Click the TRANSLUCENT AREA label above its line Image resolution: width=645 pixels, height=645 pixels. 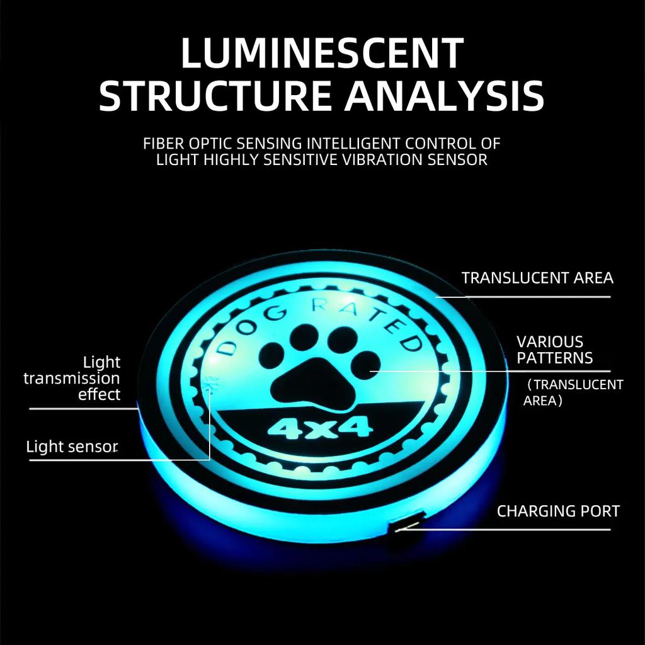(537, 278)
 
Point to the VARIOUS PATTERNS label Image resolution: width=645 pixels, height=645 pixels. (554, 350)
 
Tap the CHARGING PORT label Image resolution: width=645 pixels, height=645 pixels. (558, 511)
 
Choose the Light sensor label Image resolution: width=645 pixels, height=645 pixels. (72, 447)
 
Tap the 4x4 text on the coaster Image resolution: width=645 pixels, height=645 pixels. (321, 428)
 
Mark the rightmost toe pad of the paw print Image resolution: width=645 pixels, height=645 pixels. (366, 365)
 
